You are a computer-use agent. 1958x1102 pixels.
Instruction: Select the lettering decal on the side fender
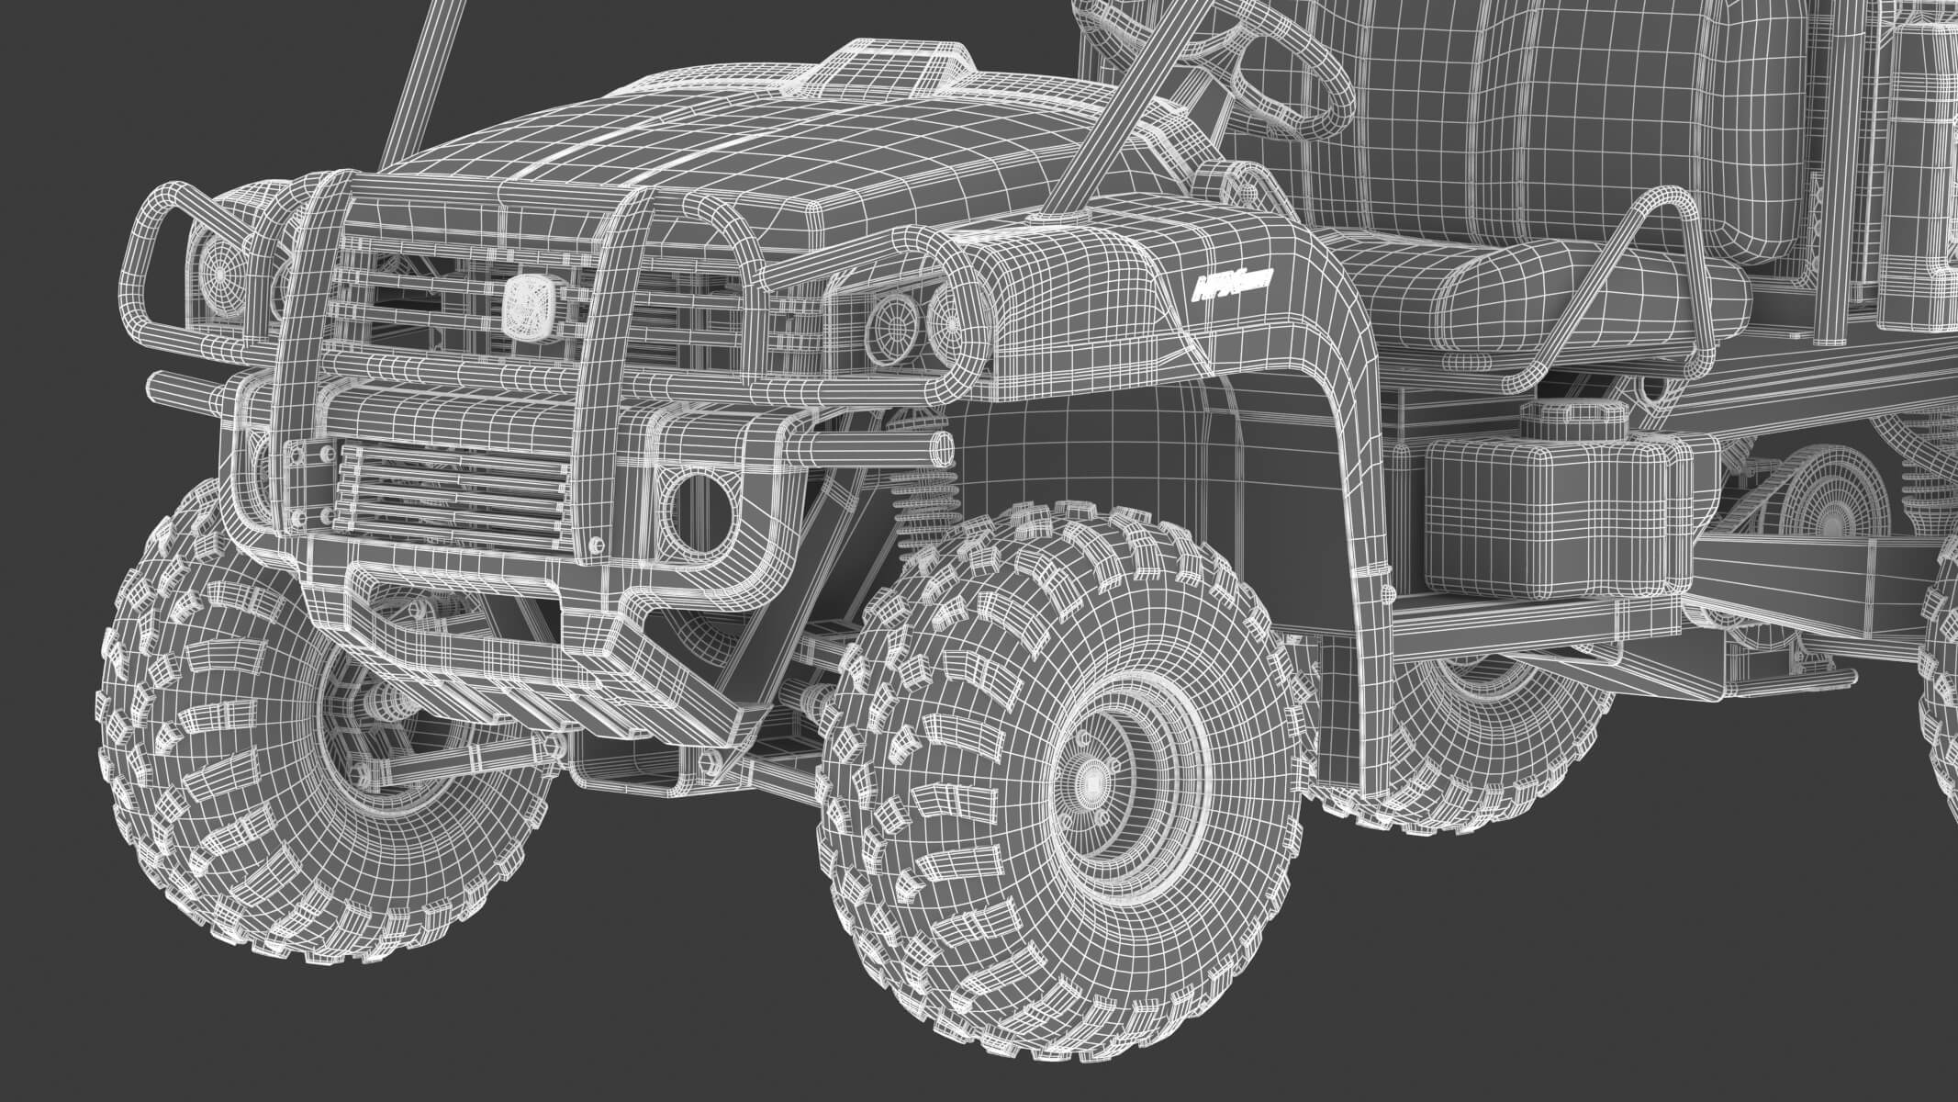click(1228, 290)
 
